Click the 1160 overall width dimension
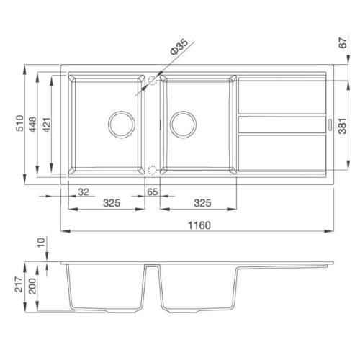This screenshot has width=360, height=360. pos(199,225)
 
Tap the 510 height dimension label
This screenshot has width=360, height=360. pos(19,123)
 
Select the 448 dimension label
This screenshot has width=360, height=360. pos(32,125)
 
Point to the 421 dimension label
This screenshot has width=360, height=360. pos(47,125)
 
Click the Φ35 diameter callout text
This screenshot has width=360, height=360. pos(179,47)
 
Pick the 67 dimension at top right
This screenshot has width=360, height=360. pos(343,43)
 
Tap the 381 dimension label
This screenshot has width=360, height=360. pos(343,126)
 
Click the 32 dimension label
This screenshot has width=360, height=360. pos(84,192)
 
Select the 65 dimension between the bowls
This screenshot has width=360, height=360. pos(153,192)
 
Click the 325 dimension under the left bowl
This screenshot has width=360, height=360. pos(112,203)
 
